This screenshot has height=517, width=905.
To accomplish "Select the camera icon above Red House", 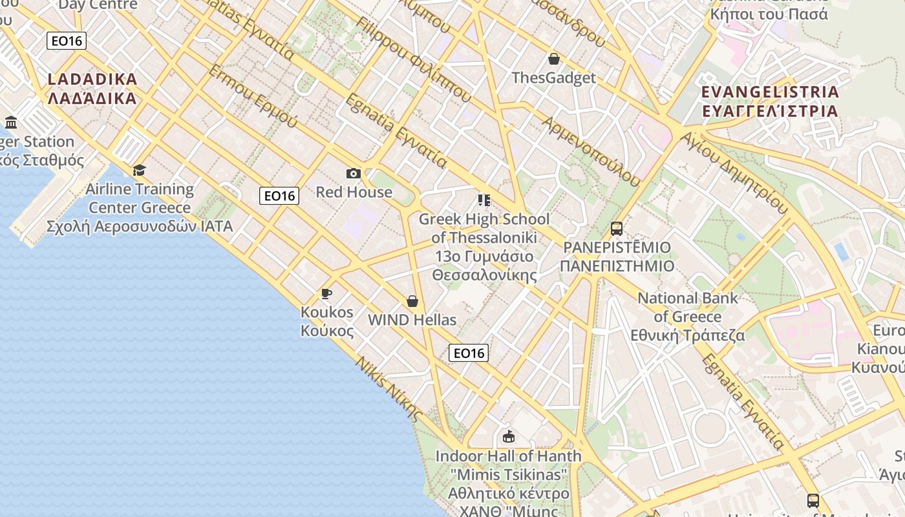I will pos(353,173).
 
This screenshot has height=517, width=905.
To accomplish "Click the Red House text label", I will pos(354,192).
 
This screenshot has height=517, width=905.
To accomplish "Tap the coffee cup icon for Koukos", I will pos(326,294).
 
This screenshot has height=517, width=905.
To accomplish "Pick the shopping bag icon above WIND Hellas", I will pos(412,301).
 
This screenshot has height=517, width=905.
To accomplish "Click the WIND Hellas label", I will pos(412,320).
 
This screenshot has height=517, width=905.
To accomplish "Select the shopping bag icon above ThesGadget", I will pos(553,59).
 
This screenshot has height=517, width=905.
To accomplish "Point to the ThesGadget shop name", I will pos(553,78).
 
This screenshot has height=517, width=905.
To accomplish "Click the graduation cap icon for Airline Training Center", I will pos(139,170).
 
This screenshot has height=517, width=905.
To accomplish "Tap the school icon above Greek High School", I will pos(484,200).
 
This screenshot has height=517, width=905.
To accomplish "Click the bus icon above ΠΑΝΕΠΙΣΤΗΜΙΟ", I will pos(617,229).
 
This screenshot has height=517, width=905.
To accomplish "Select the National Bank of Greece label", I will pos(688,317).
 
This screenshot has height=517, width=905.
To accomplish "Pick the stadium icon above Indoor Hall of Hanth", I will pos(509,437).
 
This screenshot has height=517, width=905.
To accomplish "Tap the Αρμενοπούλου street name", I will pos(591,151).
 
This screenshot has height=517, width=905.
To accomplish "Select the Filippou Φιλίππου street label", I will pos(414,59).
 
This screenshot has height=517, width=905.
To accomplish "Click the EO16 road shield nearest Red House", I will pos(279,196).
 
